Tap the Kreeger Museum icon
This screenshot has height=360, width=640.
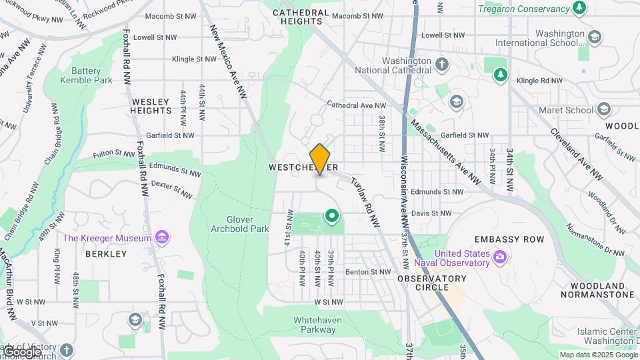click(161, 237)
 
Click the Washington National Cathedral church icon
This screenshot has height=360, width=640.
click(441, 65)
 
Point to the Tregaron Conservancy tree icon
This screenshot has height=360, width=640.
click(580, 8)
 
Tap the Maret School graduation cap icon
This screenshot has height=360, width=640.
click(604, 109)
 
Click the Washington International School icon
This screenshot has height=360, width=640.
click(595, 37)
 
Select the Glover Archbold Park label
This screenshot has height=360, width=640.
click(238, 224)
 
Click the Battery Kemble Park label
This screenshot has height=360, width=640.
click(86, 75)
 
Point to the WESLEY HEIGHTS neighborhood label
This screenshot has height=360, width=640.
click(153, 107)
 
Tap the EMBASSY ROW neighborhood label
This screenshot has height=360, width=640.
click(509, 239)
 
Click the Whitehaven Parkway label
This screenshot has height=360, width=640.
click(315, 325)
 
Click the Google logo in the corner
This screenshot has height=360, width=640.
click(21, 351)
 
